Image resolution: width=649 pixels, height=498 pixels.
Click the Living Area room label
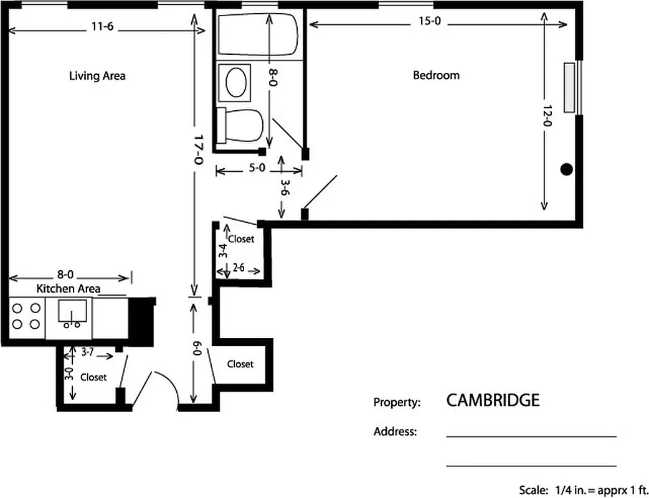click(97, 76)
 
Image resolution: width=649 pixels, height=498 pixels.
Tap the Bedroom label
click(436, 75)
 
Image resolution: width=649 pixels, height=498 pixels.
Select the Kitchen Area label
click(68, 288)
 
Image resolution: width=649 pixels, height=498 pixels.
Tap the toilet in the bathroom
click(240, 125)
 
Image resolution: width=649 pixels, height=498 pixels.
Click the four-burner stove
click(27, 316)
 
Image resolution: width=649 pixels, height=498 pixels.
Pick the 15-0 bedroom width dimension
click(429, 23)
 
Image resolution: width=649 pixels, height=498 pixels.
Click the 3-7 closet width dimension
click(88, 352)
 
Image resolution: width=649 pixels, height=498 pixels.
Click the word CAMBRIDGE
click(493, 400)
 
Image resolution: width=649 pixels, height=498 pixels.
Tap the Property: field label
click(397, 402)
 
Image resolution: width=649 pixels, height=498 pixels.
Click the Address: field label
click(395, 431)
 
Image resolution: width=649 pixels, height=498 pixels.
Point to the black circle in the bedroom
click(566, 169)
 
